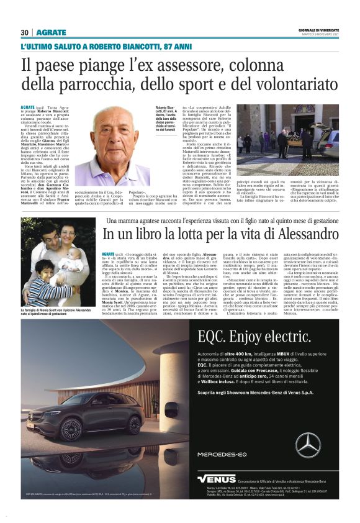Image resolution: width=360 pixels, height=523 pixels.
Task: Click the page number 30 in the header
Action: click(24, 32)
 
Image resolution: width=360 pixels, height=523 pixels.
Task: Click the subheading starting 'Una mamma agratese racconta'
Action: click(223, 220)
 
